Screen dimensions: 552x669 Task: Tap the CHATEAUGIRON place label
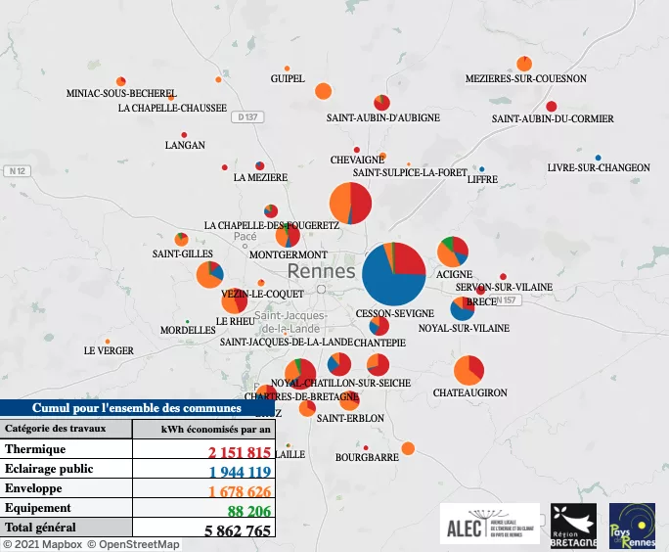[x=469, y=392]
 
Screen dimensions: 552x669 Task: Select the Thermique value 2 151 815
[x=237, y=452]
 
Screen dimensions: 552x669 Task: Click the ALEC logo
[x=489, y=523]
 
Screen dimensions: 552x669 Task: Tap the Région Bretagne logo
[x=573, y=523]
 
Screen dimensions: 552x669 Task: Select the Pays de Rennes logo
[x=632, y=523]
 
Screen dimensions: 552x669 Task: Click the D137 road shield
[x=248, y=117]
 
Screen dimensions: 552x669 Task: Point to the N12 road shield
[x=15, y=171]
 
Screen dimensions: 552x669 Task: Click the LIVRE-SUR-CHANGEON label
[x=598, y=168]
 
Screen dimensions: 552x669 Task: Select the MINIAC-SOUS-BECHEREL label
[x=122, y=93]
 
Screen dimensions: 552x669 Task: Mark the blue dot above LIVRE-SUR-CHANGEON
[x=599, y=157]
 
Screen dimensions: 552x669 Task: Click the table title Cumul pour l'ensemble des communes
[x=137, y=408]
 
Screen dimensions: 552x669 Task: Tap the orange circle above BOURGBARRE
[x=408, y=448]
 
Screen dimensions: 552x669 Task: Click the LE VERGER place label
[x=108, y=350]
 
